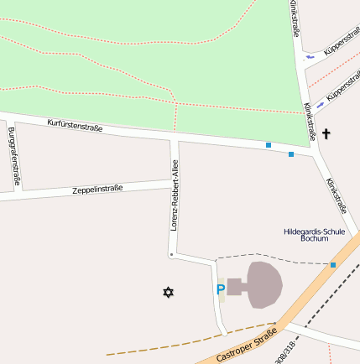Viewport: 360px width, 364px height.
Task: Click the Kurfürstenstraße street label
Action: (75, 127)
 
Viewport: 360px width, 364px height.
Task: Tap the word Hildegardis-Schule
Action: (315, 231)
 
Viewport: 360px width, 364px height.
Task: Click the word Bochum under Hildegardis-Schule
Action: (315, 239)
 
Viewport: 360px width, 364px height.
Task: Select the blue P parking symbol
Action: (221, 289)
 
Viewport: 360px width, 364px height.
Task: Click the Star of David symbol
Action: (169, 292)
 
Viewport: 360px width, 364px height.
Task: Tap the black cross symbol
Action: (326, 133)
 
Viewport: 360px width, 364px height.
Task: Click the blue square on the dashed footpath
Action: (332, 265)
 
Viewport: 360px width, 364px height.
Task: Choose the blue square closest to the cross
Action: (291, 154)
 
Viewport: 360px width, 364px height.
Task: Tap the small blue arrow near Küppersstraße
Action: (310, 56)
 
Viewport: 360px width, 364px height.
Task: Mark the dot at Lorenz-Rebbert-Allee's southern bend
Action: (171, 254)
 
